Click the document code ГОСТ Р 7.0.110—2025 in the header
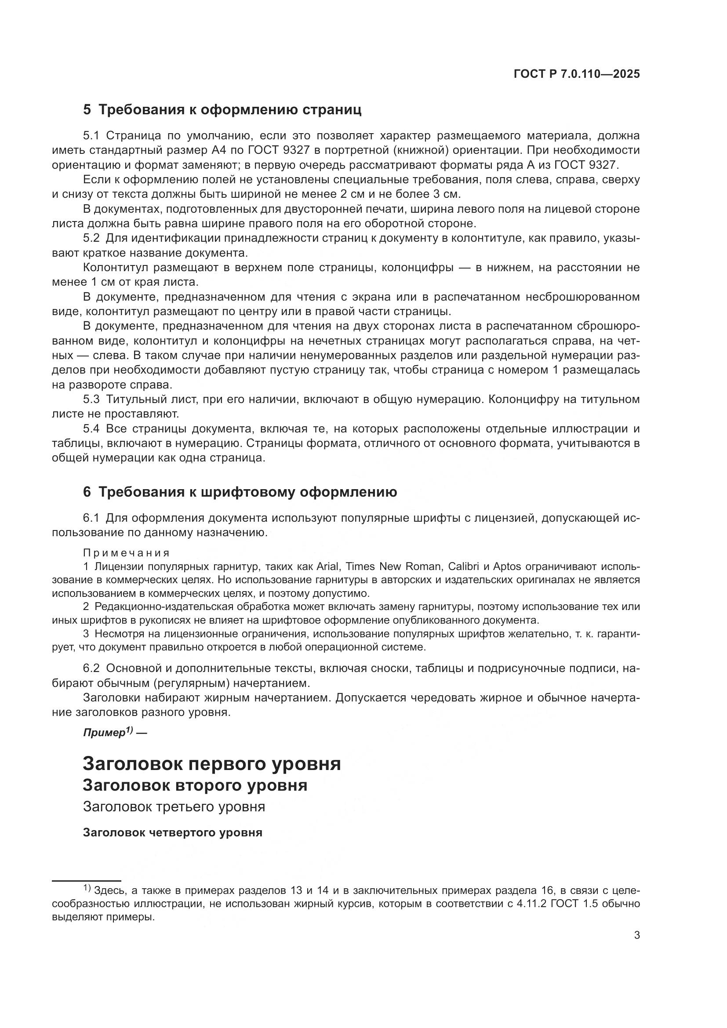tap(577, 74)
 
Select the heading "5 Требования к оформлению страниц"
tap(222, 110)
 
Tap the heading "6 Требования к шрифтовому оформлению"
tap(240, 492)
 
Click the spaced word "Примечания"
tap(127, 553)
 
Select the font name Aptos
tap(507, 567)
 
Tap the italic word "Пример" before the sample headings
tap(104, 733)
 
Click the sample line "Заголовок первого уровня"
tap(212, 764)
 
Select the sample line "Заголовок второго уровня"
tap(195, 785)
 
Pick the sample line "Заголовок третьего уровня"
tap(174, 807)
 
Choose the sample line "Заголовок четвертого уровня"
tap(172, 833)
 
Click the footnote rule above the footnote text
tap(87, 881)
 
